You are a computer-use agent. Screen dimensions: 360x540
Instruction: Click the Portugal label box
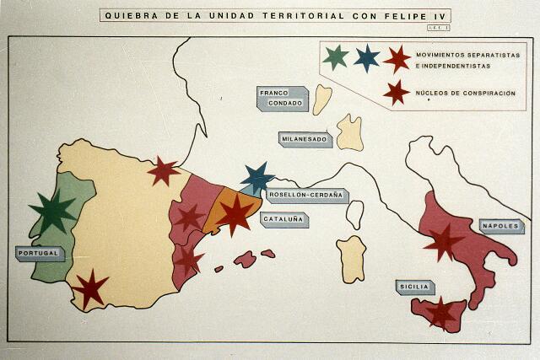[x=39, y=253]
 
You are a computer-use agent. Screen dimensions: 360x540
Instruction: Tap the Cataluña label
[x=283, y=219]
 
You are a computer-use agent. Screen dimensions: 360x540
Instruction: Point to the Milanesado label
[x=305, y=139]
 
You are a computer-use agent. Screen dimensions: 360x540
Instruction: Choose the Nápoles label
[x=501, y=226]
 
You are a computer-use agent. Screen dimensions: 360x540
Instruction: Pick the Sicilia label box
[x=414, y=287]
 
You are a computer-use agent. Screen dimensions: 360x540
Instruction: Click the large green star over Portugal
[x=52, y=211]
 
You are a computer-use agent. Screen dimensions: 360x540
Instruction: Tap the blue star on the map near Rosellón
[x=257, y=178]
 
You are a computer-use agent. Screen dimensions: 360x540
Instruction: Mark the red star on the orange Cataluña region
[x=235, y=213]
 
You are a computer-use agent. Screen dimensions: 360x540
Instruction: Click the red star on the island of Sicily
[x=440, y=312]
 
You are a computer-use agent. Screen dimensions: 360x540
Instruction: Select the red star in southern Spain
[x=90, y=288]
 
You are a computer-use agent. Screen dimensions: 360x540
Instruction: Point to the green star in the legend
[x=336, y=57]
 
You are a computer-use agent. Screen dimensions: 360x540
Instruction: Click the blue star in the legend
[x=366, y=57]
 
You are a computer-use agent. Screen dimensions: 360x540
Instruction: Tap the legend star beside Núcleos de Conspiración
[x=396, y=92]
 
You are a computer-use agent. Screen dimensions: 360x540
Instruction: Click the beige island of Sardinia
[x=352, y=258]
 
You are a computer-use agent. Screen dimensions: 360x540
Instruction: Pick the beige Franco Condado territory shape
[x=321, y=99]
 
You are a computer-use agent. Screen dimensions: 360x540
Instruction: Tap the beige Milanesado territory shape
[x=349, y=132]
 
